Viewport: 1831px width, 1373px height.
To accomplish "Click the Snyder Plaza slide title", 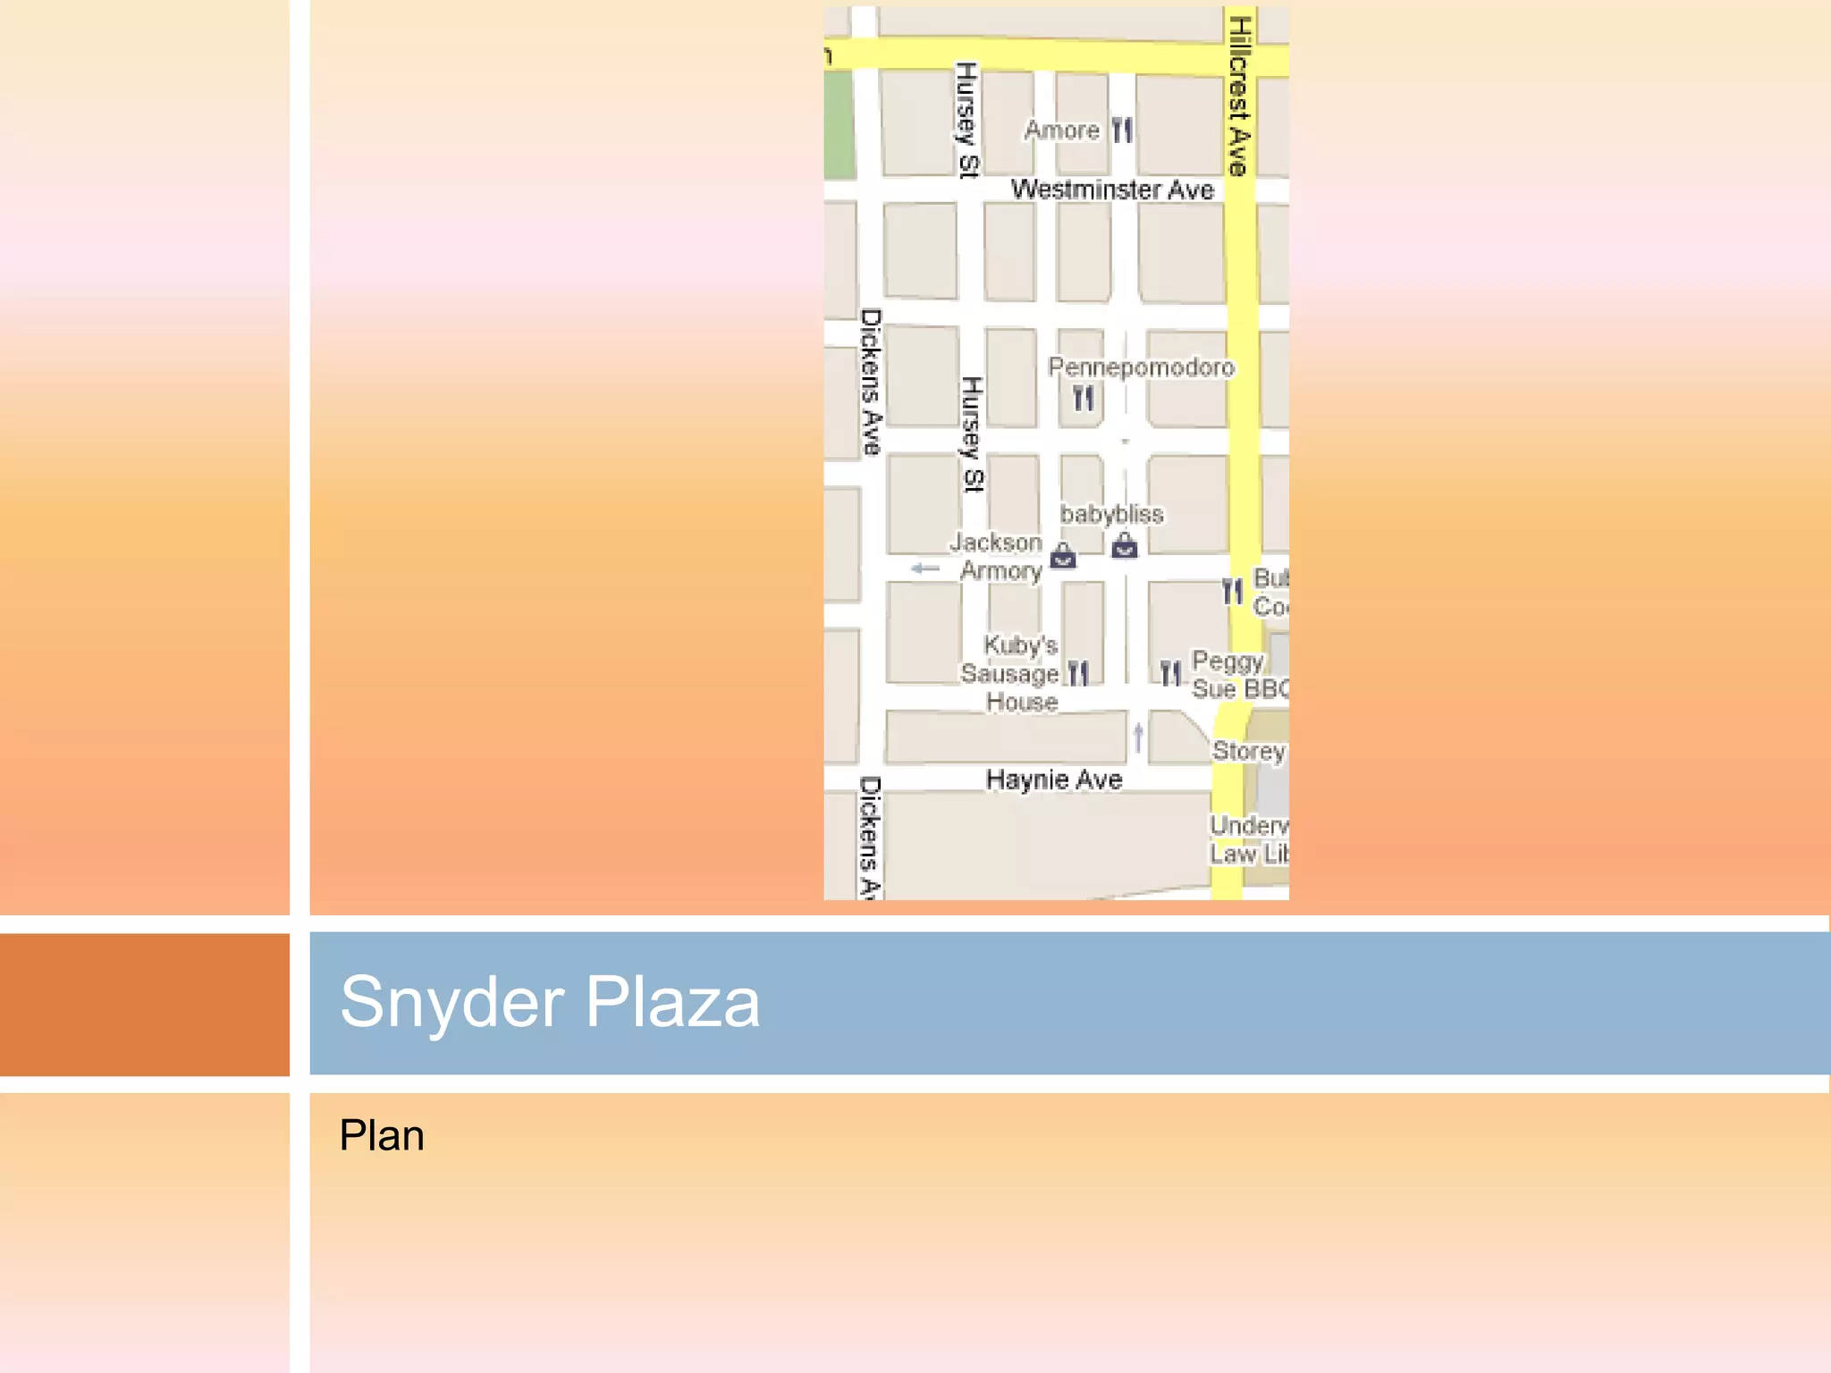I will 550,1002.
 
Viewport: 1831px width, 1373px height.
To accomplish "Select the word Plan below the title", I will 382,1136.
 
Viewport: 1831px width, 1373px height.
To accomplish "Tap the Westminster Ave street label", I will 1111,190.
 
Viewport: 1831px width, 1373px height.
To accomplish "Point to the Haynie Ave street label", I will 1054,779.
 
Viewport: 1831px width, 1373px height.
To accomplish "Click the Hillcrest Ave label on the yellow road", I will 1238,96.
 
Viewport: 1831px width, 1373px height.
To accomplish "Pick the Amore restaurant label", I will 1062,131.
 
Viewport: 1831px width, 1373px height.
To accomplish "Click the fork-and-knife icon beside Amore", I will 1122,131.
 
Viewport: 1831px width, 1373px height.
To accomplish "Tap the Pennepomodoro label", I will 1141,367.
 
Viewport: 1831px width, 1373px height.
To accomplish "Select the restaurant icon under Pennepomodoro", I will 1084,399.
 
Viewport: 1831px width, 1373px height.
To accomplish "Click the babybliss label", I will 1111,514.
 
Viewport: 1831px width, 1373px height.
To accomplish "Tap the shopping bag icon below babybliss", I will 1125,545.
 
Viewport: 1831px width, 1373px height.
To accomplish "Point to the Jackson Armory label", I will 998,556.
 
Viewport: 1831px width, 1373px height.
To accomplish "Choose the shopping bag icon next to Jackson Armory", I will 1063,556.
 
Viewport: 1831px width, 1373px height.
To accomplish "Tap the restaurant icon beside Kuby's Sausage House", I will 1079,673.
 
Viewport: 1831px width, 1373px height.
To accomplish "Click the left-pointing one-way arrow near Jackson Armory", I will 925,569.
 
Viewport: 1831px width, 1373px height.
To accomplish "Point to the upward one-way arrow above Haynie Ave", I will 1138,737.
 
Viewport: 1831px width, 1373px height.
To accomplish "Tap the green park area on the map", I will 839,125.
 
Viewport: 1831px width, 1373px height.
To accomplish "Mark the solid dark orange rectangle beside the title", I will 145,1004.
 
